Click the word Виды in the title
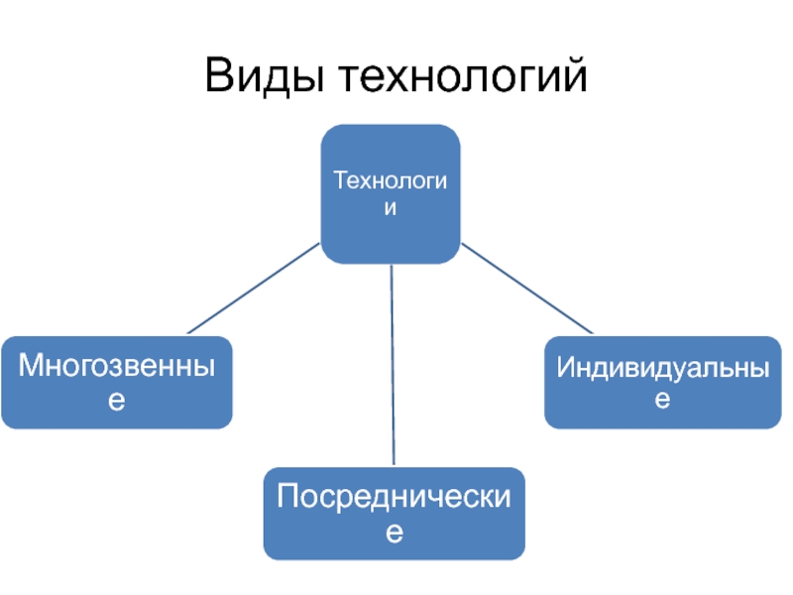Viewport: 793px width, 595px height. click(x=266, y=76)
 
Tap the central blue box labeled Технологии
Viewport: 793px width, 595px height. click(x=391, y=193)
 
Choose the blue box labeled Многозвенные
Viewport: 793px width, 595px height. click(x=117, y=382)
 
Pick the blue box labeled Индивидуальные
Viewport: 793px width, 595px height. click(x=662, y=382)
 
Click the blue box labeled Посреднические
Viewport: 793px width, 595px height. click(x=395, y=513)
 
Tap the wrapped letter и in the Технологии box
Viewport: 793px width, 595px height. click(x=391, y=208)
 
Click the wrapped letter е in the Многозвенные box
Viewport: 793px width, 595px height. click(x=117, y=401)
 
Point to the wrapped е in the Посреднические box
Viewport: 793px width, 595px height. click(x=395, y=534)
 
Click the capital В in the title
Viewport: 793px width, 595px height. click(x=220, y=76)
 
